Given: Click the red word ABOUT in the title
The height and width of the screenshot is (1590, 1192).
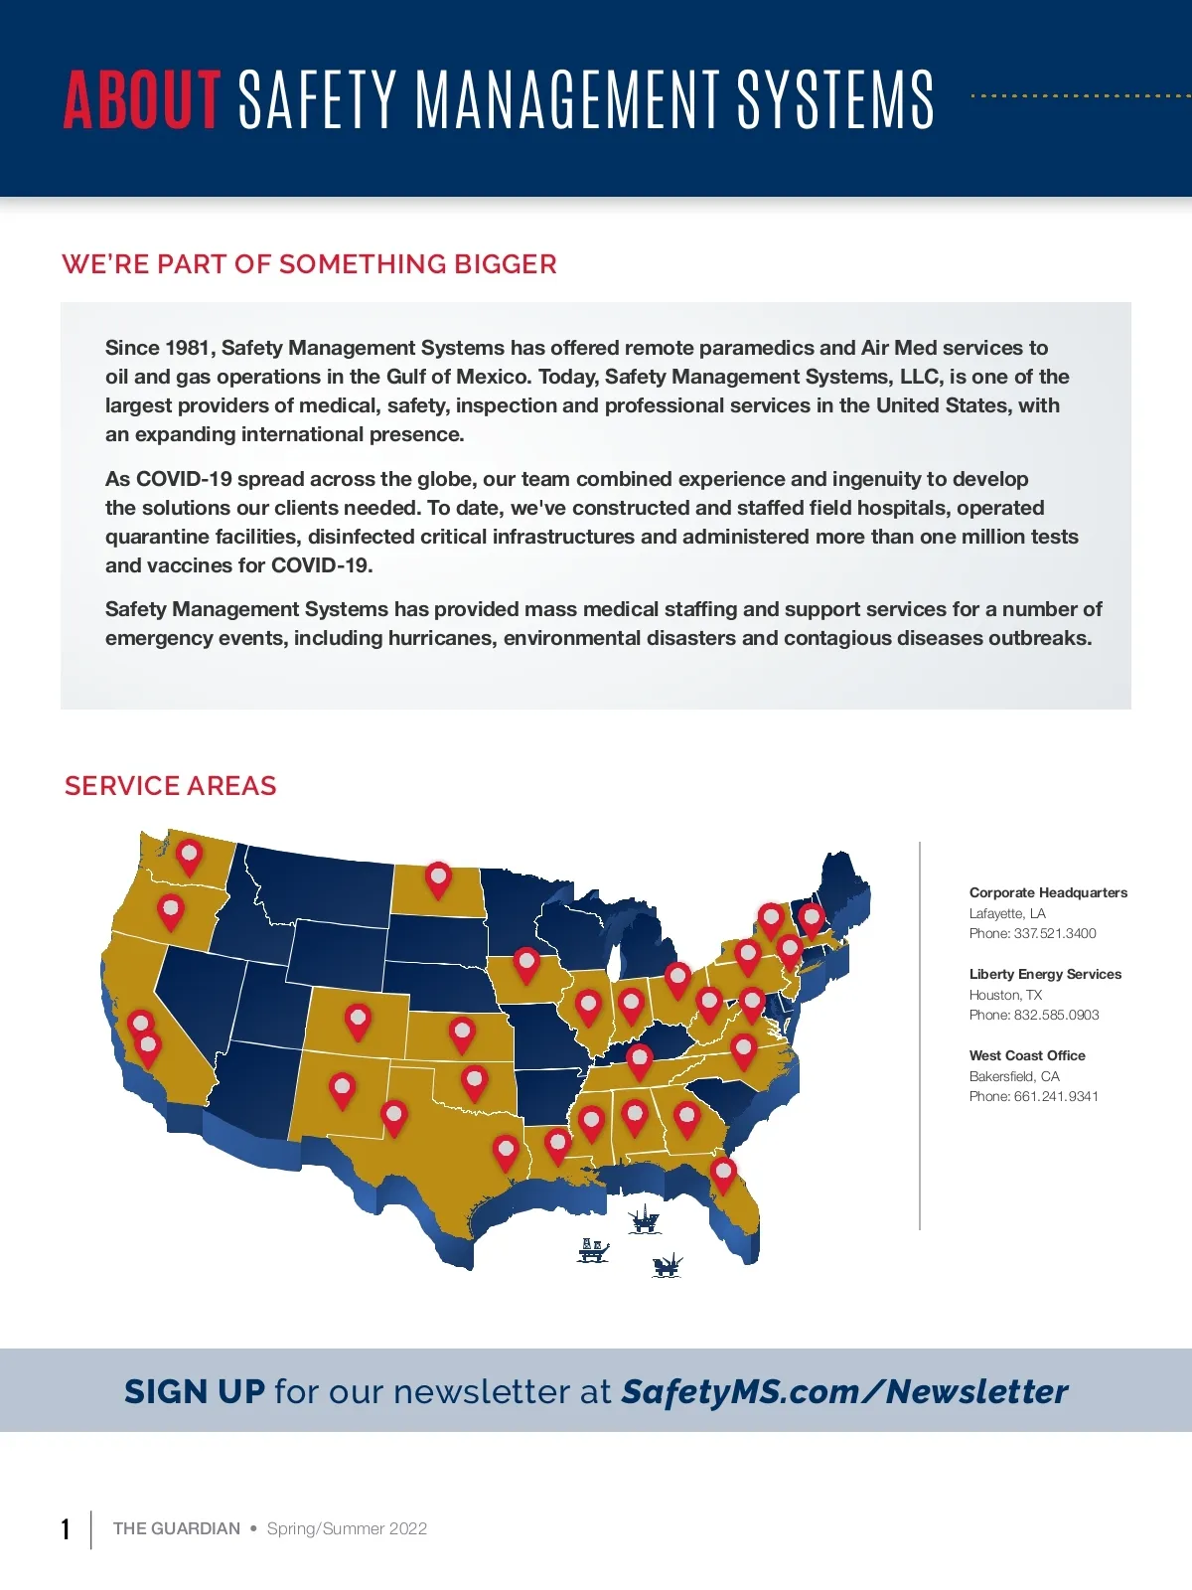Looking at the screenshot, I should [x=141, y=99].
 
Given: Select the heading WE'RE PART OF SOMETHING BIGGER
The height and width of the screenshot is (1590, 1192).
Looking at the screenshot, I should [x=309, y=264].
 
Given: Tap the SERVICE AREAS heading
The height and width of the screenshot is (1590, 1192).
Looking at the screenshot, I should [x=170, y=786].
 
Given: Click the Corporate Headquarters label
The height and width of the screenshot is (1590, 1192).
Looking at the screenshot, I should [x=1048, y=892].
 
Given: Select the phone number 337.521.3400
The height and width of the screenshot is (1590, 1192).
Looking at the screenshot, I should [x=1054, y=933].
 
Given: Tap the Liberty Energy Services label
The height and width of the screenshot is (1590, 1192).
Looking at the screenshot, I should [x=1045, y=974].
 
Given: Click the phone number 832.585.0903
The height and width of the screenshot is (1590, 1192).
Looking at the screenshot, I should [x=1056, y=1015].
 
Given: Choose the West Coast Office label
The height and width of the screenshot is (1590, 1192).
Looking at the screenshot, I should [x=1027, y=1055].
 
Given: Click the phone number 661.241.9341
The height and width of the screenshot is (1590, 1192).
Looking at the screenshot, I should [x=1056, y=1096].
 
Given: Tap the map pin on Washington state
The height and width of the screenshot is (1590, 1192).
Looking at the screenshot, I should [x=189, y=855].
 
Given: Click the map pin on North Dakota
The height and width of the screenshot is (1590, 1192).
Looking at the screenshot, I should [x=438, y=877].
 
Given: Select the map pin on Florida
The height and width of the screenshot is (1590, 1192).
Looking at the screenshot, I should [x=723, y=1173].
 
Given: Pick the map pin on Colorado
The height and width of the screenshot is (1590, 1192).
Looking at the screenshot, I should [x=358, y=1020].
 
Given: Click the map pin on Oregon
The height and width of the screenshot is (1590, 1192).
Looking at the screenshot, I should [x=171, y=909].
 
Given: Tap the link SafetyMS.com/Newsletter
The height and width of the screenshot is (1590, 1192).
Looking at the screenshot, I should [x=844, y=1392].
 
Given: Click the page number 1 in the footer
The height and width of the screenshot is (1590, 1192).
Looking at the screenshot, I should [x=66, y=1529].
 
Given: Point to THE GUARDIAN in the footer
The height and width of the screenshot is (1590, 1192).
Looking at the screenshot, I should [x=177, y=1528].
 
